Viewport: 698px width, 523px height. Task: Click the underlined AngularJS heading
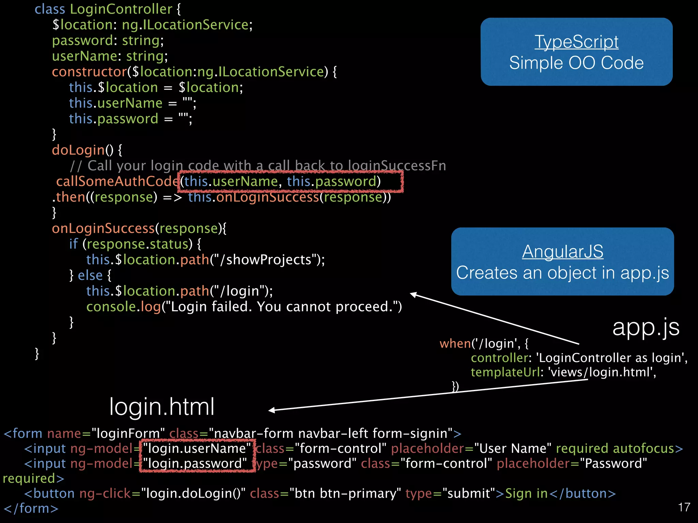(562, 252)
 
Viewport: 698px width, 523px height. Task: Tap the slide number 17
(684, 507)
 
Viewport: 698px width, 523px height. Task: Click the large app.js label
(646, 328)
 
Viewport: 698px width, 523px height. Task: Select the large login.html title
(162, 407)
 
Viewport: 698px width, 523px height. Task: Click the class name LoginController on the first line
(121, 9)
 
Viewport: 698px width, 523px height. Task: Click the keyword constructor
(89, 72)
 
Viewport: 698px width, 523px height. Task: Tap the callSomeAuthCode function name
(117, 181)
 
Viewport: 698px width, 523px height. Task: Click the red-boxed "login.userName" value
(197, 448)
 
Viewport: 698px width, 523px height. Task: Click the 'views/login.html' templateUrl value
(602, 372)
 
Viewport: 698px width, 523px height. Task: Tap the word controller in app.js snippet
(499, 358)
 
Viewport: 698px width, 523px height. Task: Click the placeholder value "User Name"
(513, 448)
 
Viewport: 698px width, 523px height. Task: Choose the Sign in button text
(526, 493)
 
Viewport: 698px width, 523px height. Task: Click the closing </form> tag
(31, 508)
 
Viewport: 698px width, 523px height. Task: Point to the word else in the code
(90, 275)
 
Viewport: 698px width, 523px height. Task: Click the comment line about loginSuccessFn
(258, 166)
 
